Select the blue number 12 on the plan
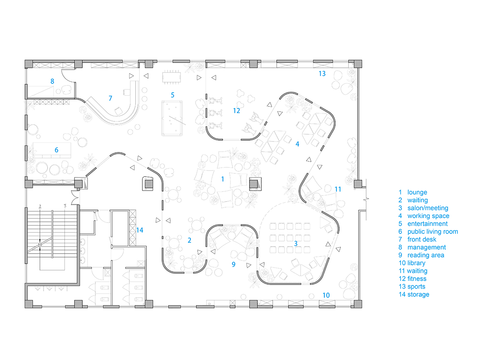coord(236,110)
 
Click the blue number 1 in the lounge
coord(222,179)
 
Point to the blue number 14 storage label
coord(140,230)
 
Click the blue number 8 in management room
coord(52,81)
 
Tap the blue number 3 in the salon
coord(296,243)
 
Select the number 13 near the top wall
coord(322,73)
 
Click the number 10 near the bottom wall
coord(326,295)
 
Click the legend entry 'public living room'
coord(432,231)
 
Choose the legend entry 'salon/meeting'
coord(428,208)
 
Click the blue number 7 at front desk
coord(109,98)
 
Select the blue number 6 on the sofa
coord(56,150)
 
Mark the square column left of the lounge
coord(148,183)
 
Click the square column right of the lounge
coord(255,184)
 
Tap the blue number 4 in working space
coord(297,144)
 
